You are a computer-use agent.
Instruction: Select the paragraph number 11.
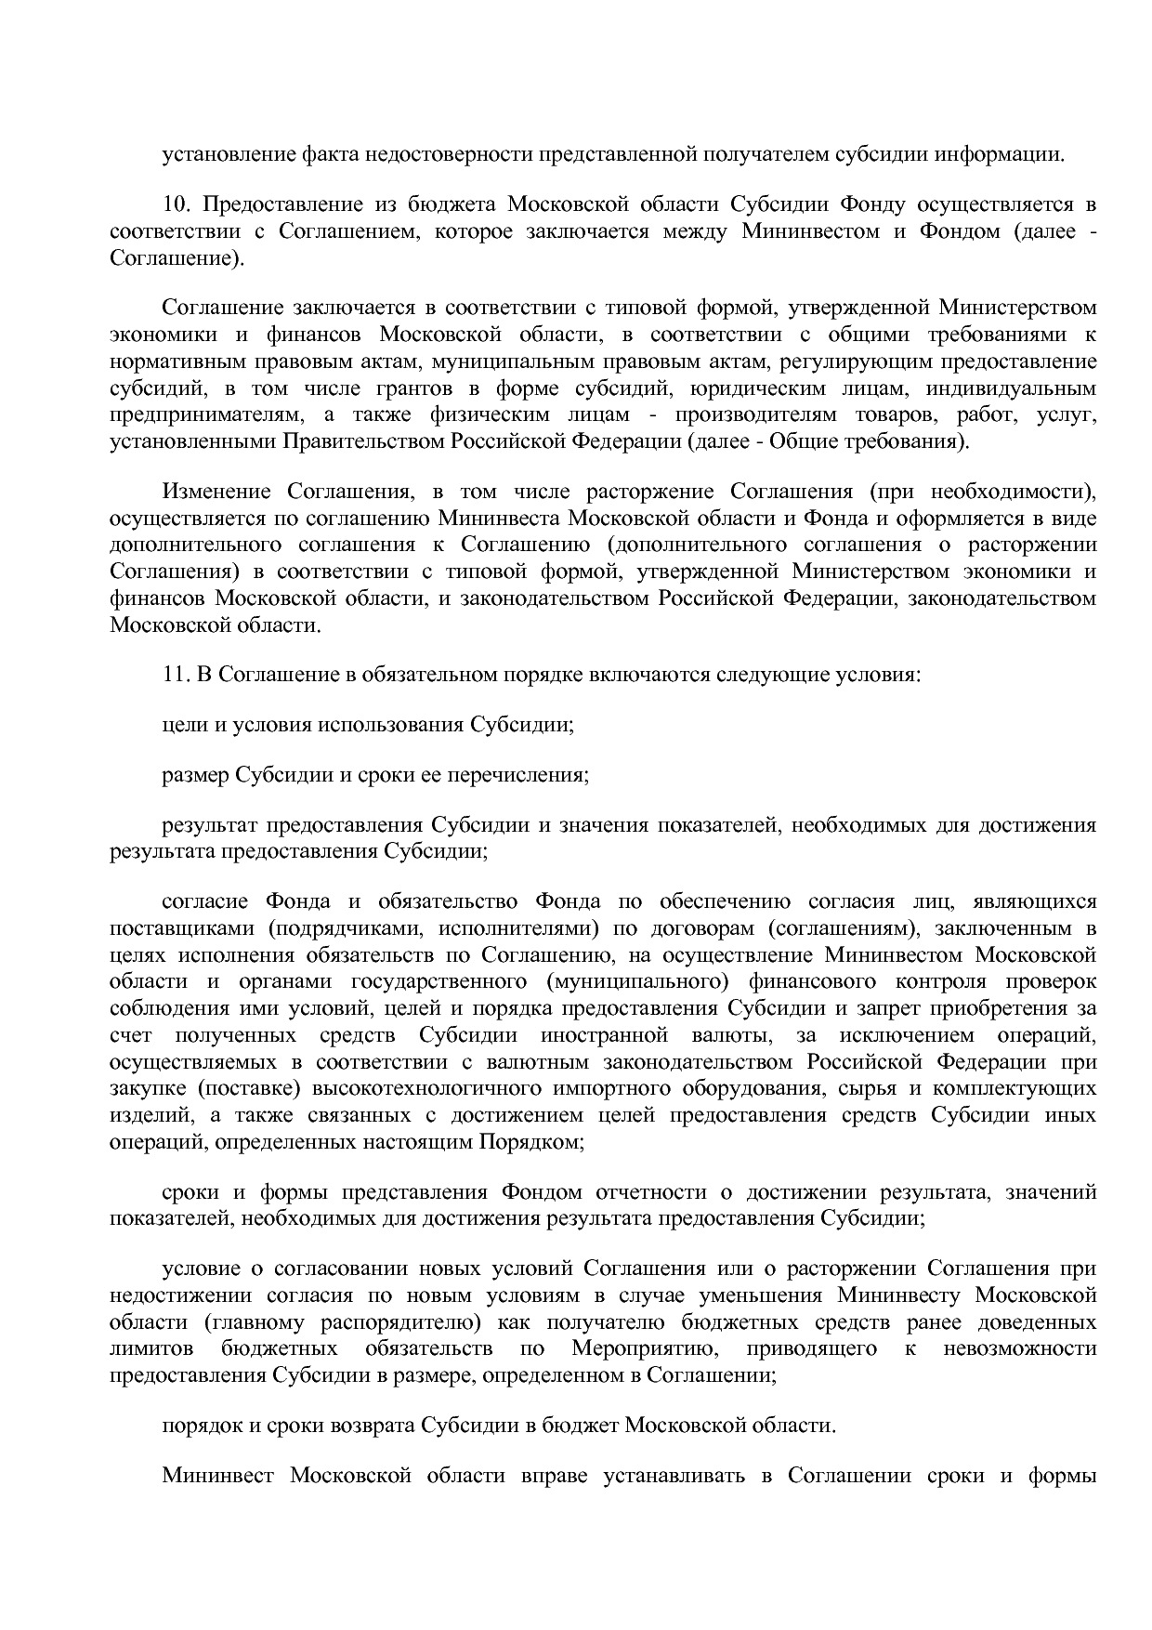175,674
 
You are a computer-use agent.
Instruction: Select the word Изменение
216,491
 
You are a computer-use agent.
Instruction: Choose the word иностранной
610,1035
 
